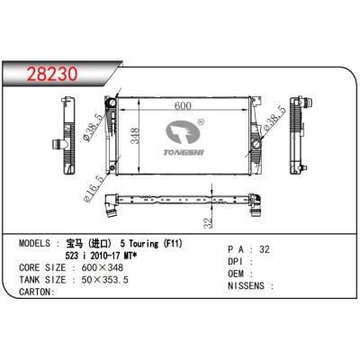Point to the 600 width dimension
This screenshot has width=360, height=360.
[x=183, y=106]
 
